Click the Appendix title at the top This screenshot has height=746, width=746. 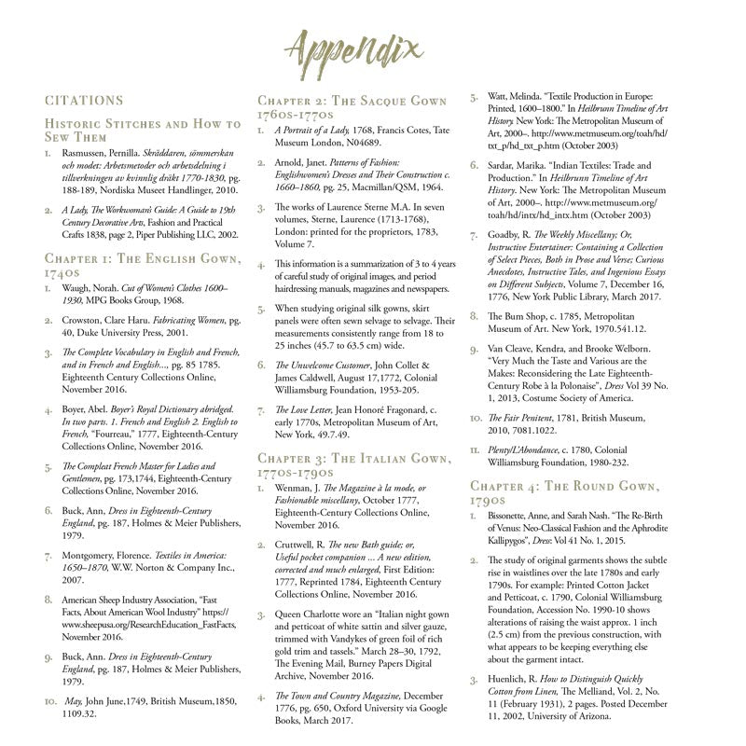click(372, 48)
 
